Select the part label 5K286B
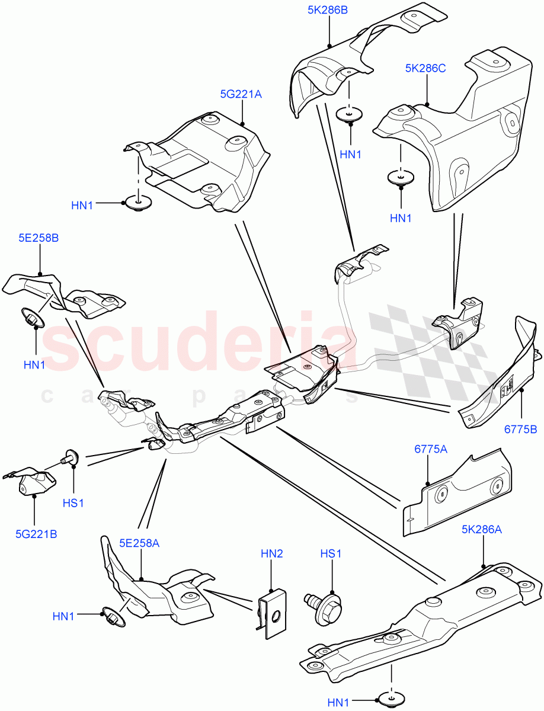327,10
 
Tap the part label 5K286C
425,68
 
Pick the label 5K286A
482,530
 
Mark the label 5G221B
36,533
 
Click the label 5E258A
140,543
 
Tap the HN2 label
271,553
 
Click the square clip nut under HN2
272,613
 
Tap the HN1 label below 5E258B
34,364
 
